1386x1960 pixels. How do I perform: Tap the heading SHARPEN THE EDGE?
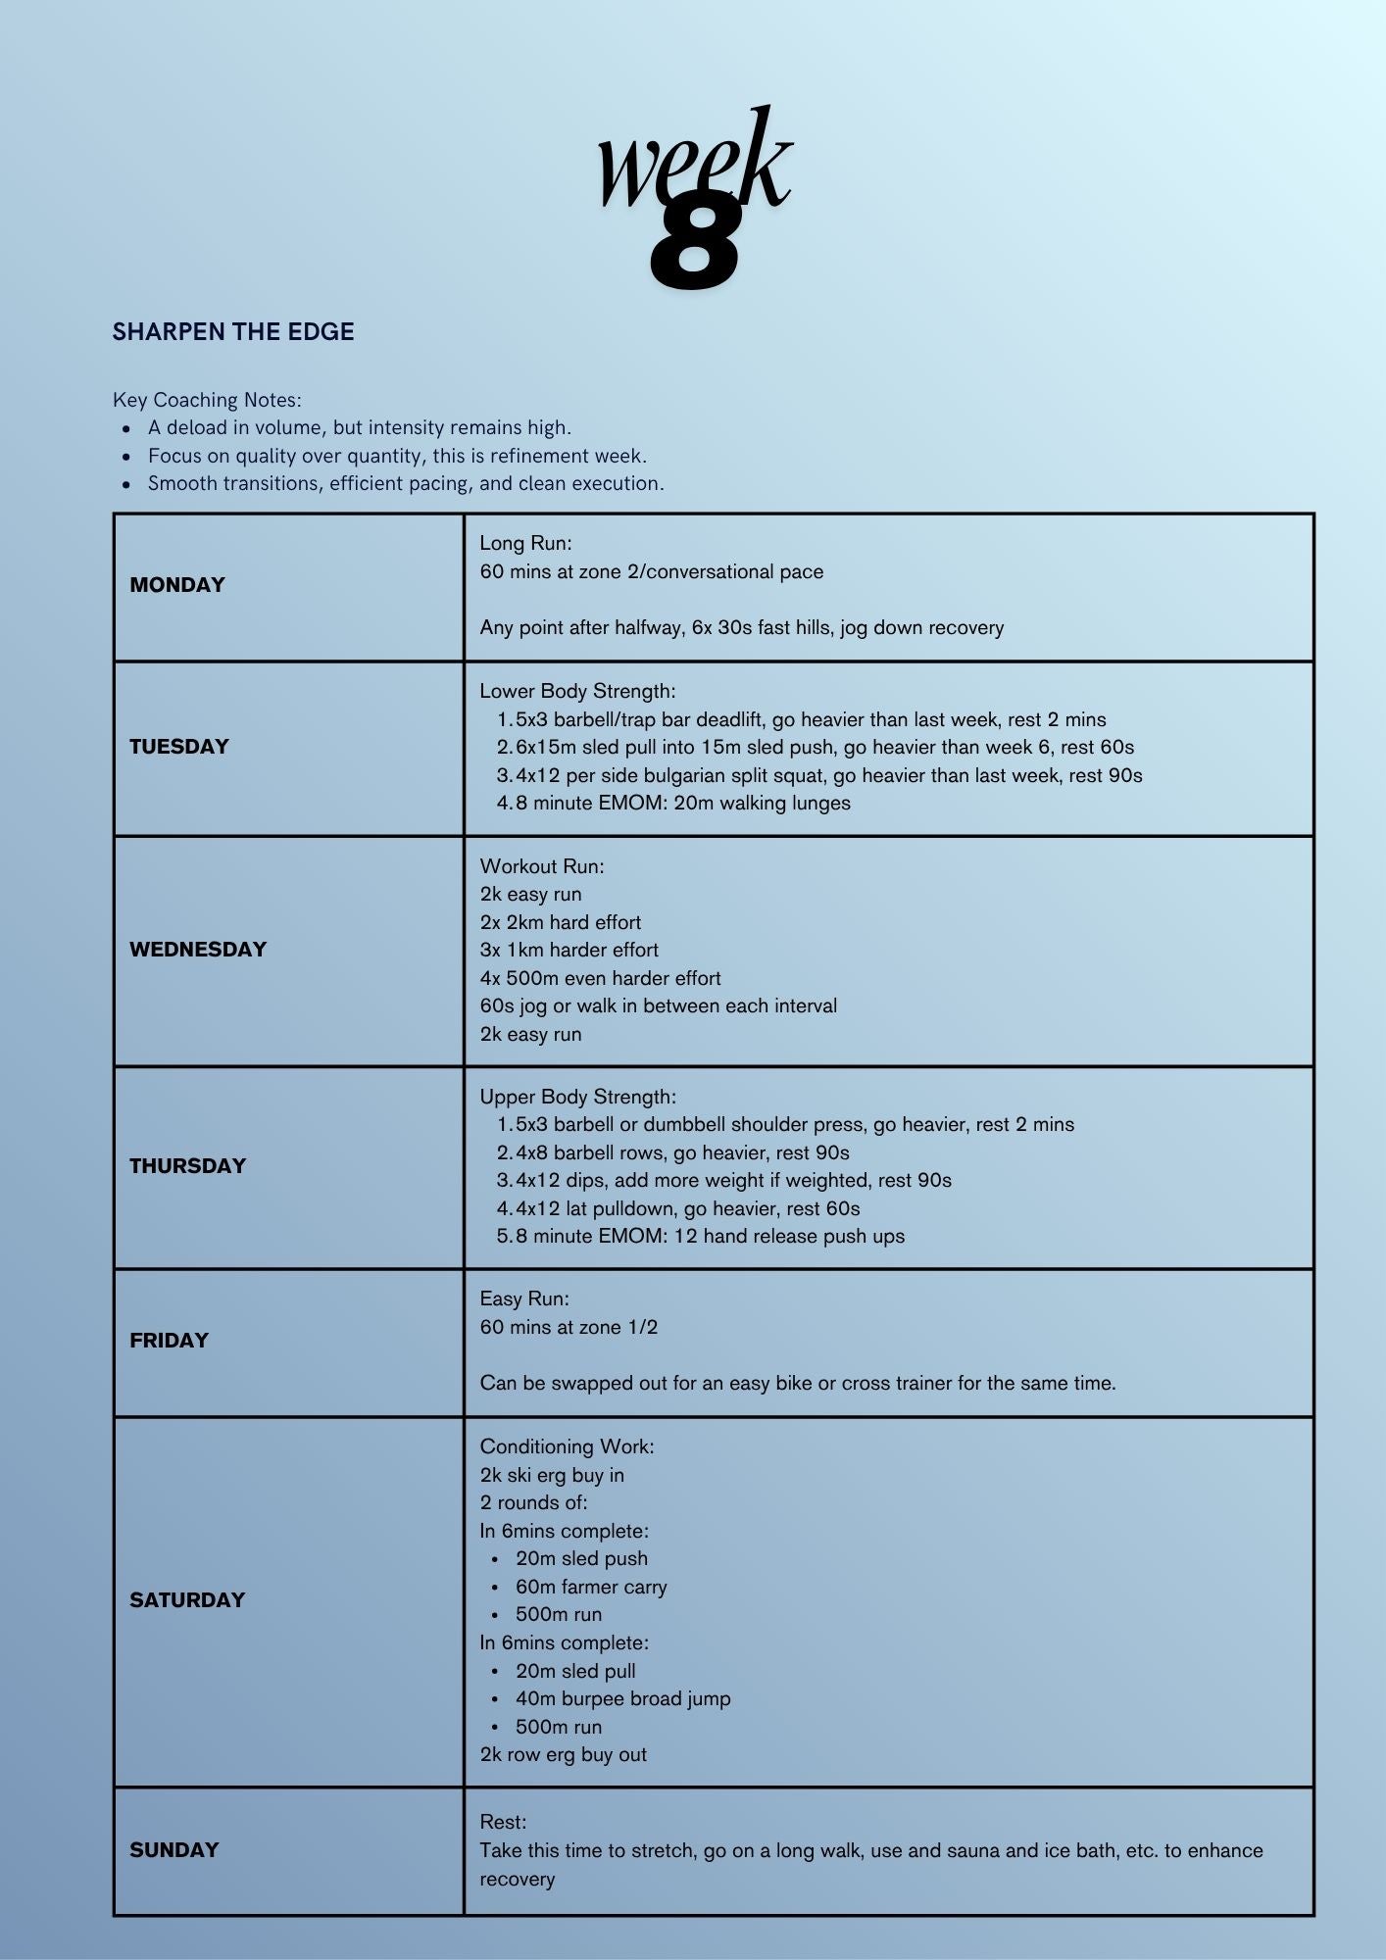coord(233,332)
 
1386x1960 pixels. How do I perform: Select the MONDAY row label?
coord(177,585)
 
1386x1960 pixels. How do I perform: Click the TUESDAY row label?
coord(179,747)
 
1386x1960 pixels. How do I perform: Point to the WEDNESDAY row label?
coord(198,950)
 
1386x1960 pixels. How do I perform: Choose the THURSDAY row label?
coord(187,1166)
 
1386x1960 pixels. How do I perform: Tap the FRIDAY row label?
coord(170,1341)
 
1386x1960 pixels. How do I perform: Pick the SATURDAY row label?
coord(187,1600)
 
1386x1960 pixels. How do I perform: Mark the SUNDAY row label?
coord(174,1850)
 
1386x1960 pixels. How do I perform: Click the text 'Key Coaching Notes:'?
coord(207,400)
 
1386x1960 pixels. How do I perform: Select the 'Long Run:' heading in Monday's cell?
coord(525,543)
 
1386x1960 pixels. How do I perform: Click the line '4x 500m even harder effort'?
coord(600,978)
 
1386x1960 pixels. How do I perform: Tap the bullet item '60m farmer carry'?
coord(591,1587)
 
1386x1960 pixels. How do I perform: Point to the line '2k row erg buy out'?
coord(563,1754)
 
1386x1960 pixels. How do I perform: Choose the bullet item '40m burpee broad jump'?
coord(622,1698)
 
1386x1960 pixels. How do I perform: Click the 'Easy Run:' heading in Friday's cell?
coord(523,1298)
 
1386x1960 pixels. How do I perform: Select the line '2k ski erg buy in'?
coord(552,1475)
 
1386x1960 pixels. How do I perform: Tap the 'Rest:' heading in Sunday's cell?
coord(503,1822)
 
